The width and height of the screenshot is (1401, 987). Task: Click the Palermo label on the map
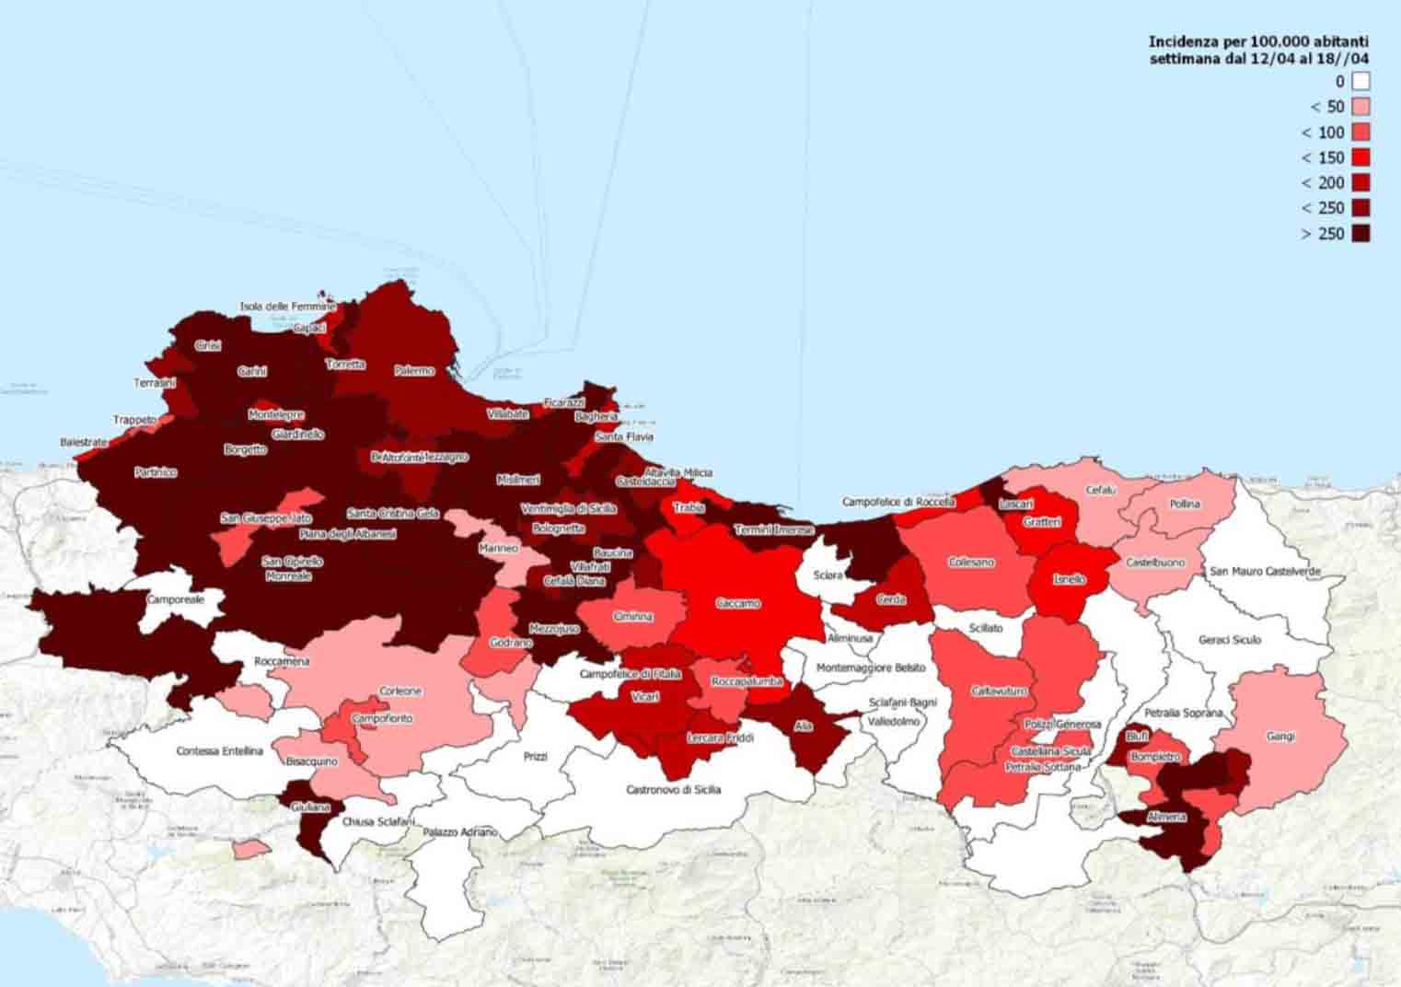[x=414, y=371]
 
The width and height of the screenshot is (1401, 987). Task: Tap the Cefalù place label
[x=1101, y=491]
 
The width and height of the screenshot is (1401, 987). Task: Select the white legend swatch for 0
[x=1360, y=82]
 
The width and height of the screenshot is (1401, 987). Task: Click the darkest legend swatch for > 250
[x=1360, y=234]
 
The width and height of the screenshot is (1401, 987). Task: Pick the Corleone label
[x=400, y=691]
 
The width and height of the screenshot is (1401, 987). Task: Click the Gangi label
[x=1280, y=737]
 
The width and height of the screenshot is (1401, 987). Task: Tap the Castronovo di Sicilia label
[x=674, y=790]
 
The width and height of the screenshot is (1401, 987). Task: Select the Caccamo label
[x=738, y=604]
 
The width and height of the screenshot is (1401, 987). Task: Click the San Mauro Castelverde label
[x=1265, y=572]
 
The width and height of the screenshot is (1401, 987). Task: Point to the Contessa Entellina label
[x=219, y=751]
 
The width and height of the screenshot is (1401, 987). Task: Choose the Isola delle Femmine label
[x=288, y=307]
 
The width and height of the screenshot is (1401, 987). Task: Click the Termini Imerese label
[x=773, y=530]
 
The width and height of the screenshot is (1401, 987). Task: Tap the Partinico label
[x=155, y=472]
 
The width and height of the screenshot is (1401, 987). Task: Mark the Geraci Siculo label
[x=1230, y=640]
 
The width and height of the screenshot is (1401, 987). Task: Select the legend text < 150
[x=1323, y=157]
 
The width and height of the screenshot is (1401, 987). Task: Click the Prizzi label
[x=535, y=757]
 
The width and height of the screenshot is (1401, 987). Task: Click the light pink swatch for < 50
[x=1360, y=107]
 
